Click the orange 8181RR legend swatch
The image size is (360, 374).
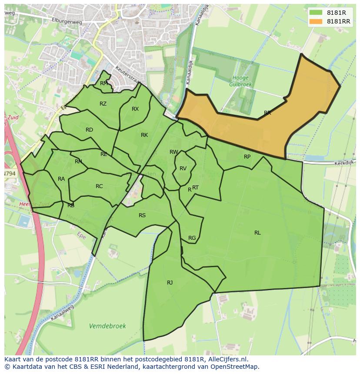click(316, 21)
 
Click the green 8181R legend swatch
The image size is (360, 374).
click(316, 13)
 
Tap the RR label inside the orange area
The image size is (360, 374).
click(267, 113)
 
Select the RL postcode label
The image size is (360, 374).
click(257, 233)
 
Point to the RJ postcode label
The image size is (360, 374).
click(170, 283)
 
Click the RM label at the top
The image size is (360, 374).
click(104, 83)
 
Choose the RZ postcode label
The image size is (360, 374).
click(103, 104)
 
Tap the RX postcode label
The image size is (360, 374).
click(135, 109)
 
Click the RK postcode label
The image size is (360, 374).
click(144, 135)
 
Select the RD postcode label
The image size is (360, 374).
click(89, 130)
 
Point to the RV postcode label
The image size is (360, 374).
click(183, 169)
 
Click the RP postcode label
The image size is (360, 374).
click(247, 157)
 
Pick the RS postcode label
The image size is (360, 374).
click(142, 215)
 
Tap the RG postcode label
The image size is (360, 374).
click(192, 238)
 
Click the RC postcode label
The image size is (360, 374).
click(99, 186)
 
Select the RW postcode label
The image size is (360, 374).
click(174, 152)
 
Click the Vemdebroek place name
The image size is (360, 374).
click(107, 326)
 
